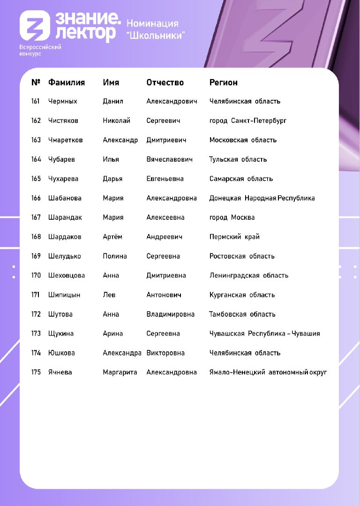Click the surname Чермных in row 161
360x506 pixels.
(x=62, y=101)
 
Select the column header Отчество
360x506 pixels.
(x=165, y=82)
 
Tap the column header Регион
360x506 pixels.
(x=223, y=82)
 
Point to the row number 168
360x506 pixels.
(x=36, y=237)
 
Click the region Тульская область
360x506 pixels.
(x=238, y=159)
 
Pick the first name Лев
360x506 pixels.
(x=109, y=295)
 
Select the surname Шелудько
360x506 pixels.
(x=64, y=256)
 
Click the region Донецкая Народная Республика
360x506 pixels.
(x=262, y=198)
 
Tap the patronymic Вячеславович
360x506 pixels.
(x=169, y=159)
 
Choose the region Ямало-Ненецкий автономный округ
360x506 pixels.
(x=268, y=372)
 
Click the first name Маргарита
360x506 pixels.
(x=120, y=372)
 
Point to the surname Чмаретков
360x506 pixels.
(x=65, y=140)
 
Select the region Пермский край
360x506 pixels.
(x=234, y=237)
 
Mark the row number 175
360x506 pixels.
(x=36, y=372)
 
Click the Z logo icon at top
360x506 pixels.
(x=35, y=26)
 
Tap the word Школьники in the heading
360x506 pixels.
(x=156, y=35)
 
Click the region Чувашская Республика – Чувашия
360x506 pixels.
(x=264, y=334)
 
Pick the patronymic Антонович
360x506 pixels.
(x=164, y=295)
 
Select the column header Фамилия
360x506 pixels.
(x=67, y=82)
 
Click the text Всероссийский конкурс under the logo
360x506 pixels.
(x=40, y=50)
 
